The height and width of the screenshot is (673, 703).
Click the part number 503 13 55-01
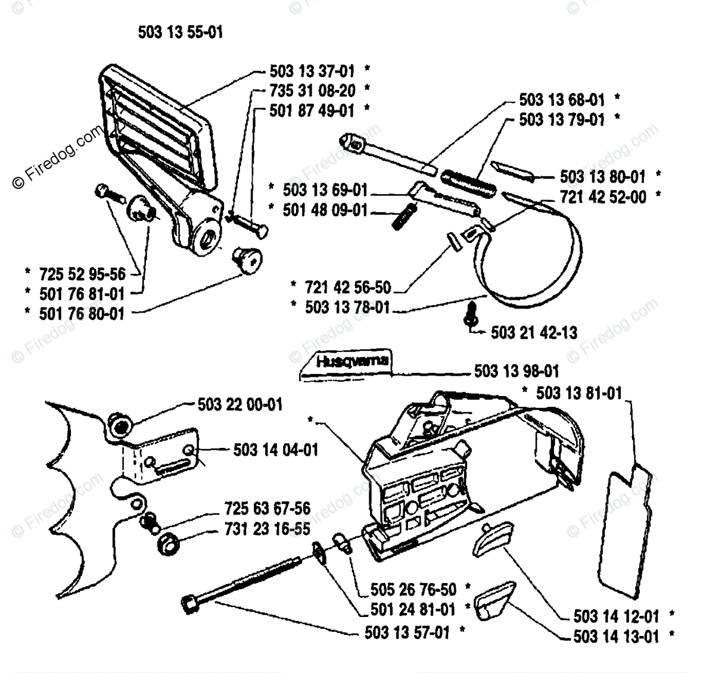tap(180, 32)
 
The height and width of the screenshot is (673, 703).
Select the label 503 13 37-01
tap(312, 71)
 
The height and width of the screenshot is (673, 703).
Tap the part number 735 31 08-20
tap(312, 91)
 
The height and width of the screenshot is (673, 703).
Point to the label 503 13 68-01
tap(562, 99)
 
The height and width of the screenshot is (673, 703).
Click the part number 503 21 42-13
tap(534, 332)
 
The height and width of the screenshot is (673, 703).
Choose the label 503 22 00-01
tap(239, 405)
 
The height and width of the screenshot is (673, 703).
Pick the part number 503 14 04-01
tap(275, 450)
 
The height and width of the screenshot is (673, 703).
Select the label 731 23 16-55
tap(267, 529)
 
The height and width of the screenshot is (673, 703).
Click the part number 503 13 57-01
tap(407, 632)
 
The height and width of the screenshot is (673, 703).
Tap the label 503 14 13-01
tap(616, 637)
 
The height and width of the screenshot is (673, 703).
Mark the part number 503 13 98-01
tap(517, 372)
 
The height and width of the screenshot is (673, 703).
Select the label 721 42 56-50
tap(348, 288)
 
